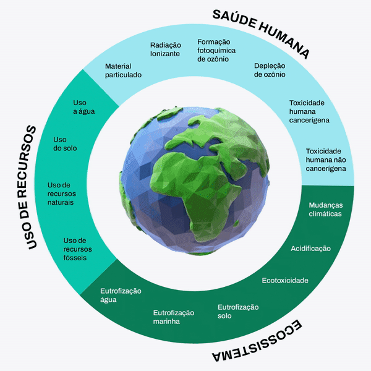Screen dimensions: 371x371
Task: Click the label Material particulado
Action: pos(123,70)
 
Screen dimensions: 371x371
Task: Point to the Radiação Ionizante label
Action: pos(165,49)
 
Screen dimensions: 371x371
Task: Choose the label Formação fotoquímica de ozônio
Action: pos(213,50)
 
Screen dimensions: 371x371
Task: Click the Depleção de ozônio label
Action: pos(270,69)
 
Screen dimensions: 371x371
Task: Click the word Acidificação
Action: pos(310,249)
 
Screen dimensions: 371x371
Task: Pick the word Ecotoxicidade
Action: pos(284,280)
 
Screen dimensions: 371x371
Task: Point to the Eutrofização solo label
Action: pos(238,312)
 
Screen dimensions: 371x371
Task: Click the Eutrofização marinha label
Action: pos(174,317)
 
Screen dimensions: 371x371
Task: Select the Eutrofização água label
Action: pos(121,295)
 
